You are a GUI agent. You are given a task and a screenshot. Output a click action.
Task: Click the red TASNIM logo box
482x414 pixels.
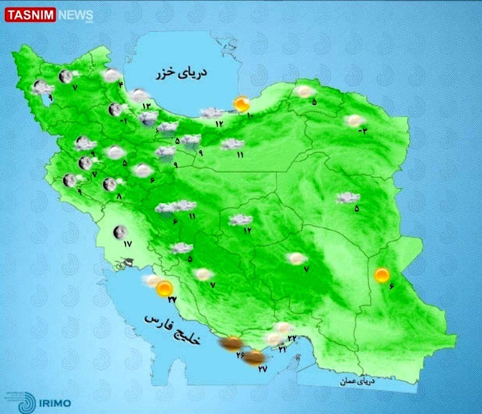pyautogui.click(x=30, y=15)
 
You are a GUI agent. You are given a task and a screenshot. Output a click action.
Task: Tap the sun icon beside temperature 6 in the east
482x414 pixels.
pyautogui.click(x=382, y=275)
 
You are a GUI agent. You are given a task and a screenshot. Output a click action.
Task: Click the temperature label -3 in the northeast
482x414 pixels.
pyautogui.click(x=363, y=131)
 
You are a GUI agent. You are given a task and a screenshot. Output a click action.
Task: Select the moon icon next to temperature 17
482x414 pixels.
pyautogui.click(x=120, y=232)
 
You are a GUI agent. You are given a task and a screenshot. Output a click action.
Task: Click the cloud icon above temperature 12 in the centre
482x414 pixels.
pyautogui.click(x=240, y=220)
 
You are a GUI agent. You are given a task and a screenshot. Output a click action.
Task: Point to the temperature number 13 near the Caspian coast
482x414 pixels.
pyautogui.click(x=147, y=106)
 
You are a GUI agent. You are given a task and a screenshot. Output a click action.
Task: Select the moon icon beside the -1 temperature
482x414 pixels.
pyautogui.click(x=115, y=109)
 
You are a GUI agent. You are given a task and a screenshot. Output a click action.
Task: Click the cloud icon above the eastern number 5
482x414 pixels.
pyautogui.click(x=348, y=198)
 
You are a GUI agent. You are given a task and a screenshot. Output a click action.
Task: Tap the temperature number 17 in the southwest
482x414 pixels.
pyautogui.click(x=129, y=244)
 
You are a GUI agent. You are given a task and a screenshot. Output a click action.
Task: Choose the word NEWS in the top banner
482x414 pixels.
pyautogui.click(x=75, y=15)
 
